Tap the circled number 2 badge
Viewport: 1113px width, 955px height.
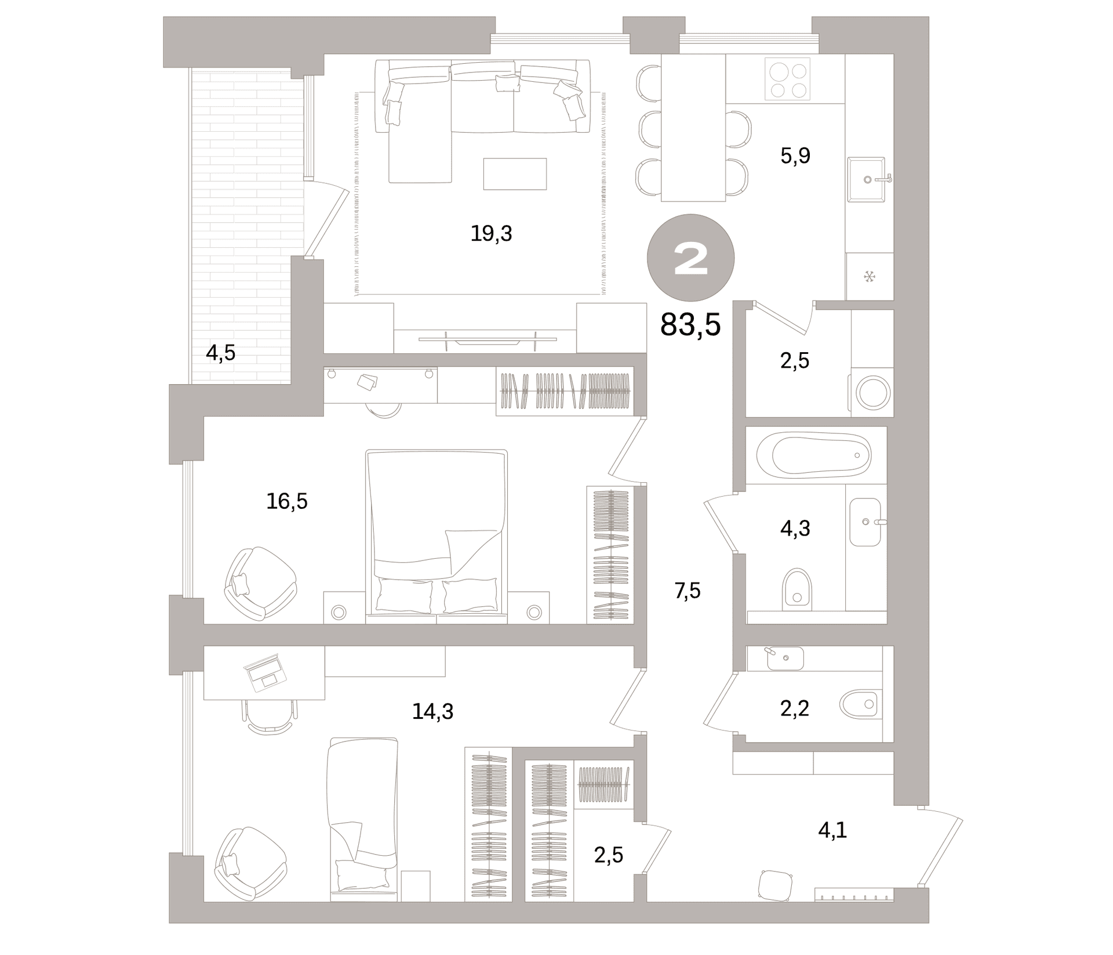691,258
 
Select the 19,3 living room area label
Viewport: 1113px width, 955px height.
491,233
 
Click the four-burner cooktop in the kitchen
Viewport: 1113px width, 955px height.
787,79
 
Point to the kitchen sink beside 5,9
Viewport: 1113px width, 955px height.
867,179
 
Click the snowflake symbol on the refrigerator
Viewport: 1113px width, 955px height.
869,277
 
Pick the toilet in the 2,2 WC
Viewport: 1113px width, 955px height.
860,704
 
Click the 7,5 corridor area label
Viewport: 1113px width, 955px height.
688,591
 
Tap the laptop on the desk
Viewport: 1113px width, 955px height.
265,672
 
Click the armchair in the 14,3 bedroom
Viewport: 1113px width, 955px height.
250,864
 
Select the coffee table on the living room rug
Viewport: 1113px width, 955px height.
515,173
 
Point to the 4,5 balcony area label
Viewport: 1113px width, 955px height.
221,353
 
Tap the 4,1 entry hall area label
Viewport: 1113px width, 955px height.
832,830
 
